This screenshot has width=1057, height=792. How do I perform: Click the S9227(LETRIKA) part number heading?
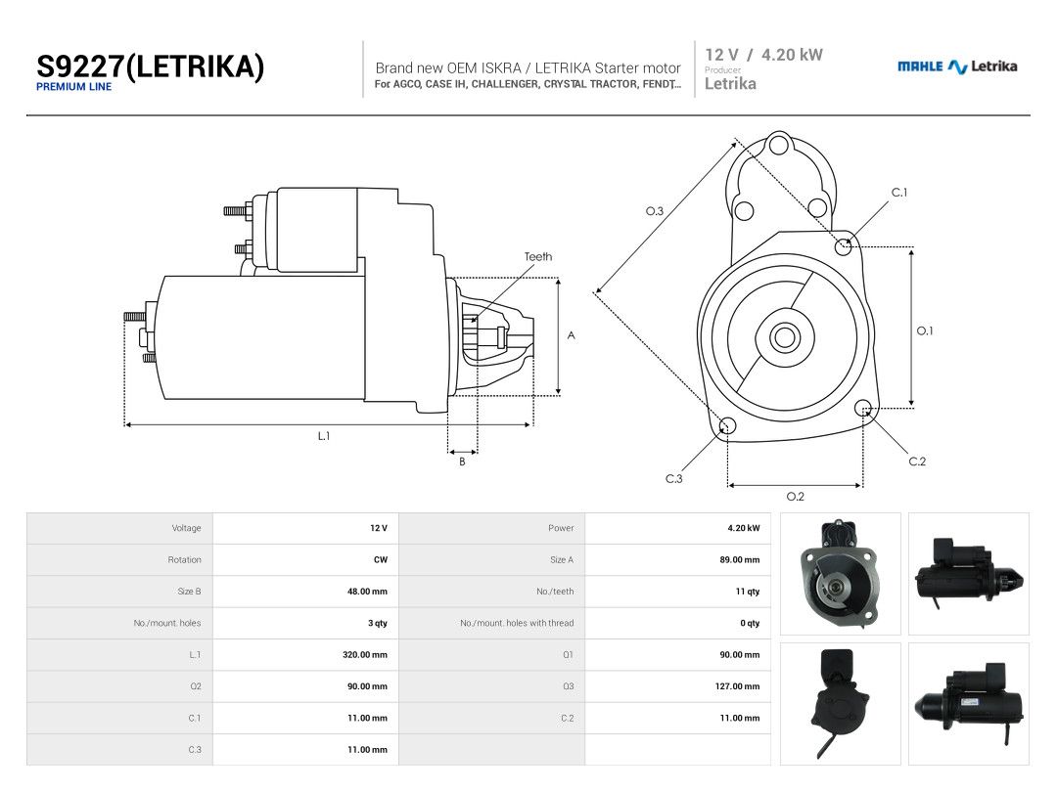pyautogui.click(x=150, y=66)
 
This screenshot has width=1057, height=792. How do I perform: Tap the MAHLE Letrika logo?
pyautogui.click(x=956, y=66)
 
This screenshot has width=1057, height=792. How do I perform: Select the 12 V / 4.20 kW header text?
pyautogui.click(x=763, y=55)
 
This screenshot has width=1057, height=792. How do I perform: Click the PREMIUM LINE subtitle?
pyautogui.click(x=73, y=87)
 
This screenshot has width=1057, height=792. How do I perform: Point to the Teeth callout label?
pyautogui.click(x=538, y=256)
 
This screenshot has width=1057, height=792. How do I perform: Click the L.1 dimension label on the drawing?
pyautogui.click(x=324, y=436)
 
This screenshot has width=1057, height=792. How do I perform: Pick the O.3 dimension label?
pyautogui.click(x=655, y=211)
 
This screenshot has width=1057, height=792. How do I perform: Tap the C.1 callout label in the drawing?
pyautogui.click(x=899, y=193)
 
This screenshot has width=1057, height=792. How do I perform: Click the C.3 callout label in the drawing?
pyautogui.click(x=674, y=479)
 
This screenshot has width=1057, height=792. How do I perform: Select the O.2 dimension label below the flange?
pyautogui.click(x=796, y=497)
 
